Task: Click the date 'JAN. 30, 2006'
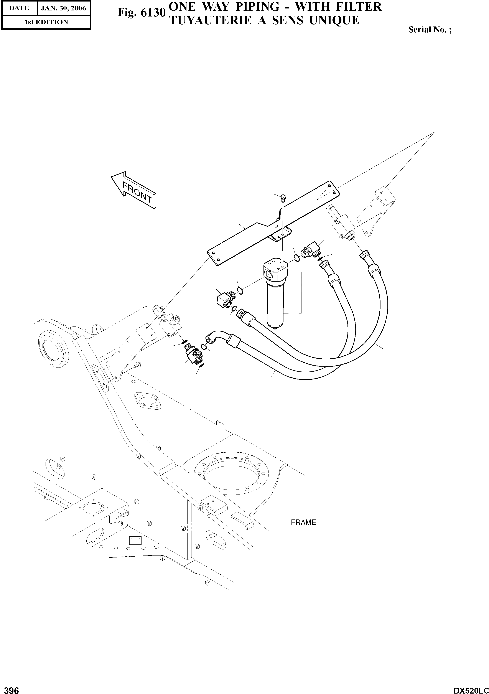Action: pos(63,8)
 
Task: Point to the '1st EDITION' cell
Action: pos(46,22)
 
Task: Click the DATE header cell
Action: pos(19,8)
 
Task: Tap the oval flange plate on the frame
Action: pos(147,401)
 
